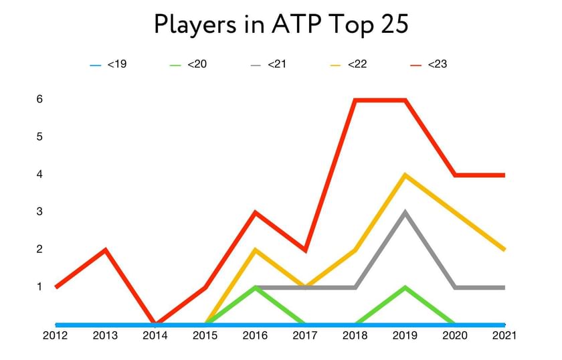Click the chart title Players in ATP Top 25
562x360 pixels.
(281, 24)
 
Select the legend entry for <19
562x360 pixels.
(108, 65)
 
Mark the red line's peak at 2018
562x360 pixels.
(355, 100)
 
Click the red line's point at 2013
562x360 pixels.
(106, 250)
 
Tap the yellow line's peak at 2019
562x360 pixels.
(405, 175)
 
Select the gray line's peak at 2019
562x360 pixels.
(405, 213)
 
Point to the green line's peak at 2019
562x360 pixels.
(405, 288)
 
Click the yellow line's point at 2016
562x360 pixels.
(255, 250)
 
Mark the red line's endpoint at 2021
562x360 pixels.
(503, 175)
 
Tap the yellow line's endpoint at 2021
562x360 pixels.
(503, 250)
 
